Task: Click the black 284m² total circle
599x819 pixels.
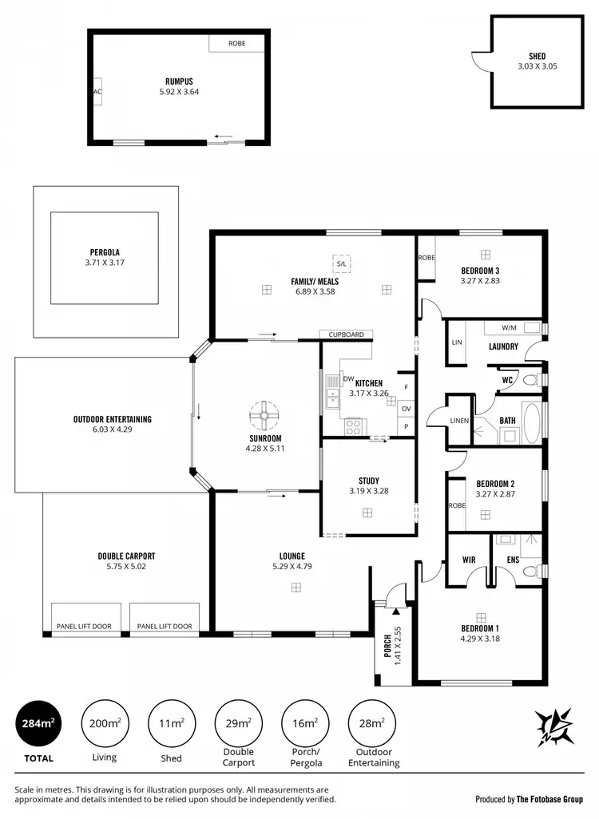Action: click(x=37, y=724)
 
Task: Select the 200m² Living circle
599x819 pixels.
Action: click(x=104, y=724)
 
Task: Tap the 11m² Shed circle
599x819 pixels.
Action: click(x=171, y=724)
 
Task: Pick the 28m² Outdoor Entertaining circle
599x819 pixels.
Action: click(x=372, y=724)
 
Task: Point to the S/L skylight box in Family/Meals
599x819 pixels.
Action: click(x=342, y=263)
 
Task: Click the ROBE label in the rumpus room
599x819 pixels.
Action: click(x=237, y=43)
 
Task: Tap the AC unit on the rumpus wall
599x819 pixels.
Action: click(x=97, y=92)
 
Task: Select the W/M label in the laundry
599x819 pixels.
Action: click(x=509, y=328)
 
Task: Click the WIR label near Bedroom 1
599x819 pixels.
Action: click(x=469, y=560)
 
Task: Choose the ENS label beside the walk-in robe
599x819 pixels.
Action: click(x=513, y=560)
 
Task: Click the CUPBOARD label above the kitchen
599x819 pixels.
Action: click(x=347, y=334)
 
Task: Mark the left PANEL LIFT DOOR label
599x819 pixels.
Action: click(x=84, y=627)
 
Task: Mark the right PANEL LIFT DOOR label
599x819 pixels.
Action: click(x=164, y=627)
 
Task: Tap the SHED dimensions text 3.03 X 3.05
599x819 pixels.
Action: click(x=538, y=67)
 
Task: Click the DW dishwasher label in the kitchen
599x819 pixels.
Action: click(x=348, y=379)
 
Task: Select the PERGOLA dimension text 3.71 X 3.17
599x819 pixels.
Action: click(x=105, y=263)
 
